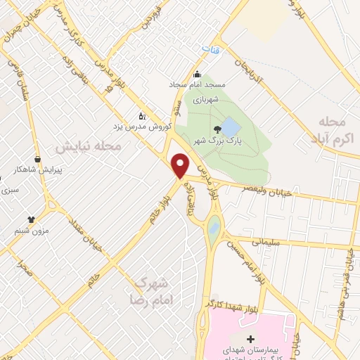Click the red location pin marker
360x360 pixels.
(x=181, y=165)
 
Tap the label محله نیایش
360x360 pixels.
(x=89, y=146)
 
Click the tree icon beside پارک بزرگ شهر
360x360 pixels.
(x=217, y=128)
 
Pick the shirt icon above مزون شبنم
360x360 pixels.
(x=31, y=219)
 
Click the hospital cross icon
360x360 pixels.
(x=251, y=340)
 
